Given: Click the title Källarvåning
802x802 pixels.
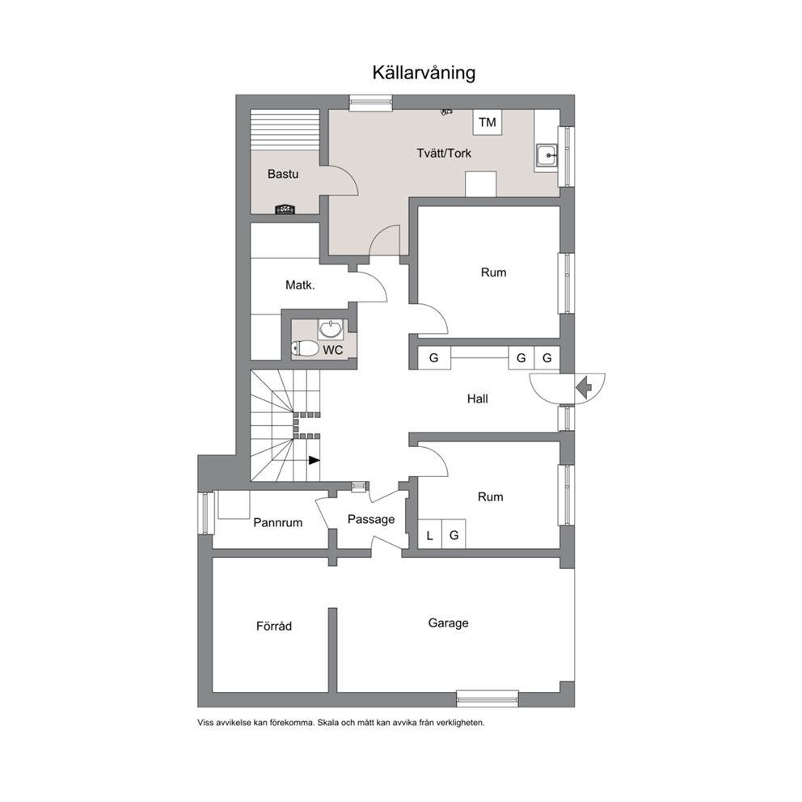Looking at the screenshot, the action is pos(424,73).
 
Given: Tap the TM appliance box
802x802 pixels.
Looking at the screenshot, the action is pos(487,122).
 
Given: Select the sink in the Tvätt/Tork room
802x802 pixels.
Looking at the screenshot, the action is pos(547,155).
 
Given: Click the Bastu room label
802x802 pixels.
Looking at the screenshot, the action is pos(283,174).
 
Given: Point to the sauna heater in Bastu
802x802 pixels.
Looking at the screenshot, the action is pos(285,209).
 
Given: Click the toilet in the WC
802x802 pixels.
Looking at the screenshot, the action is pos(305,348).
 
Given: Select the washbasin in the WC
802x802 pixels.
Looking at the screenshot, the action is pos(331,329).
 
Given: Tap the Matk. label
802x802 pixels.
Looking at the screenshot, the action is pos(300,285).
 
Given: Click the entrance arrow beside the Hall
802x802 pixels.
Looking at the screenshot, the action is pos(584,387).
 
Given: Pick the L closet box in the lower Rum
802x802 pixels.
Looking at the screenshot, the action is pos(429,534).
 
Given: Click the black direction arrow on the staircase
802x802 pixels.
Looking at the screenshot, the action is pos(314,460).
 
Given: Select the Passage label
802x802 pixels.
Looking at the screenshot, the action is pos(371,520).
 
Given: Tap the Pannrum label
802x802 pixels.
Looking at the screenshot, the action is pos(278,523).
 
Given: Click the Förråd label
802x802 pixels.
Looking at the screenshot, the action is pos(274,626).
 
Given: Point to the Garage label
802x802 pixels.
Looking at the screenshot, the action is pos(448,623).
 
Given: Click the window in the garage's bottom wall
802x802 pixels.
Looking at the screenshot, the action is pos(488,699).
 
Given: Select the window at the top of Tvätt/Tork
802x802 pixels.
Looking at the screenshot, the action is pos(371,103).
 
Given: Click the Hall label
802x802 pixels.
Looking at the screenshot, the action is pos(477,399).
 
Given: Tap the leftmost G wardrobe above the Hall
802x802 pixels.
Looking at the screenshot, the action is pos(434,357).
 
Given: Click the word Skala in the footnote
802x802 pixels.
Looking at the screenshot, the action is pos(328,723).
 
